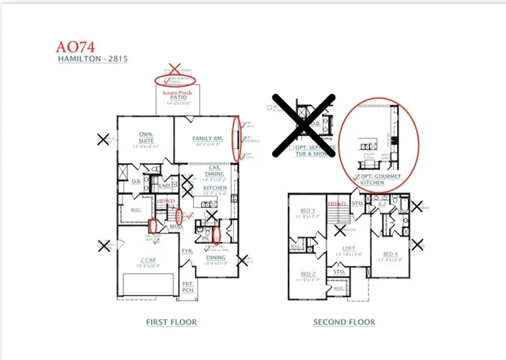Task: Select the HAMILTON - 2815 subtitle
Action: click(93, 59)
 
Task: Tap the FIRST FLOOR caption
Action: click(171, 322)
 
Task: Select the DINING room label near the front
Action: click(215, 257)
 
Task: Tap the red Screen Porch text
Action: click(178, 93)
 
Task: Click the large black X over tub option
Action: click(304, 124)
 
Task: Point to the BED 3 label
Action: click(308, 212)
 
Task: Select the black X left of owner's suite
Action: click(103, 140)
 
